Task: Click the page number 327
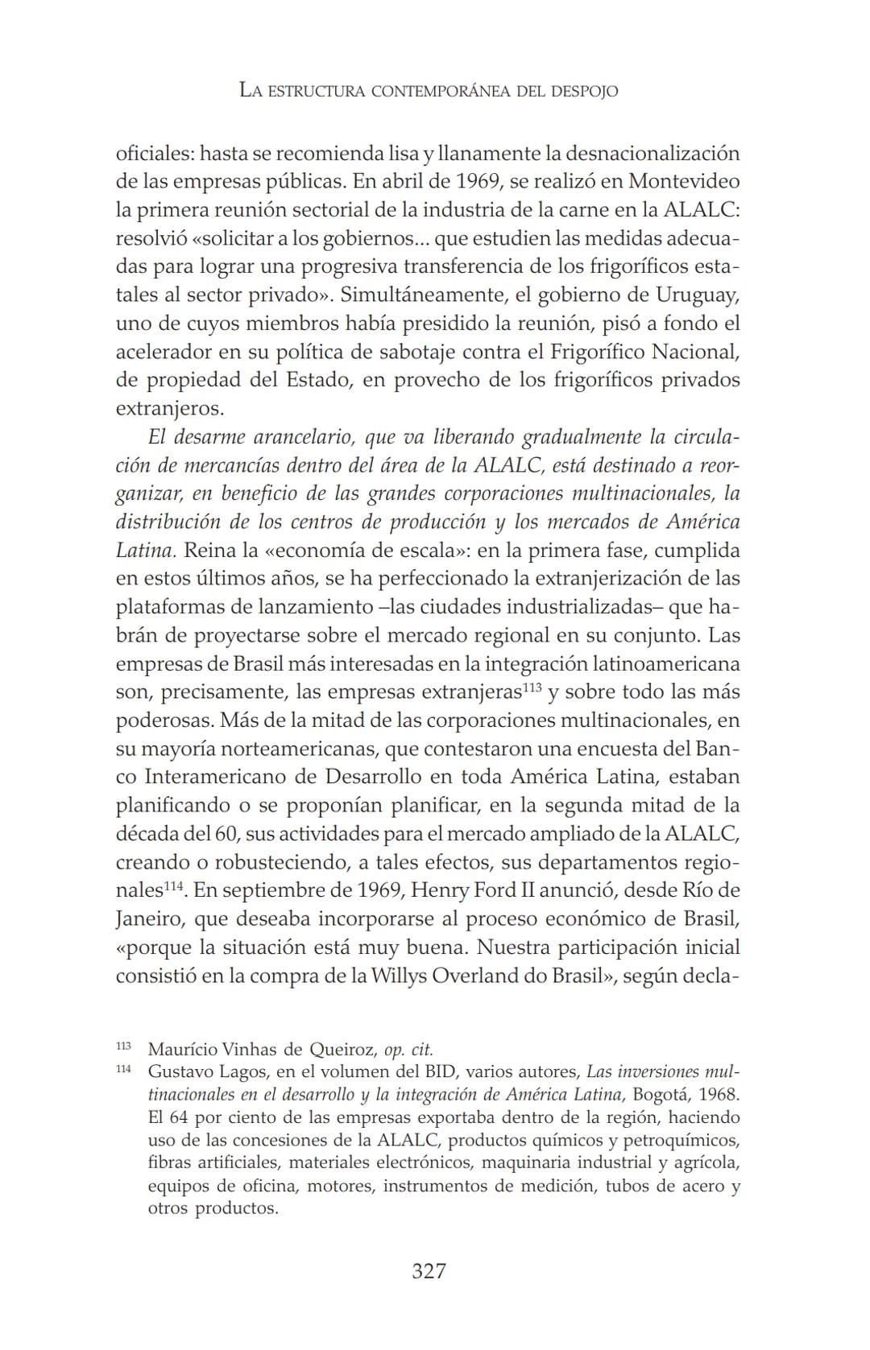(x=428, y=1271)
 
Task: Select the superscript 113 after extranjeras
(x=532, y=687)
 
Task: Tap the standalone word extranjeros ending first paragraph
(x=169, y=408)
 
